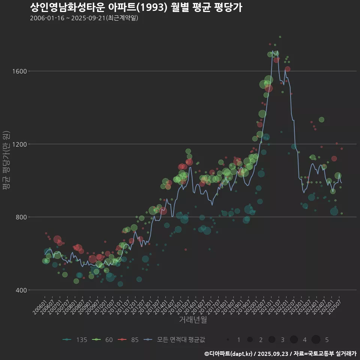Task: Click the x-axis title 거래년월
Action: pyautogui.click(x=193, y=320)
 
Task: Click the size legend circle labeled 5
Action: pyautogui.click(x=316, y=340)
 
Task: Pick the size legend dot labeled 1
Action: pyautogui.click(x=228, y=340)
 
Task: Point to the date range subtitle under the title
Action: pyautogui.click(x=84, y=18)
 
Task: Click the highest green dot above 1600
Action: pyautogui.click(x=280, y=37)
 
